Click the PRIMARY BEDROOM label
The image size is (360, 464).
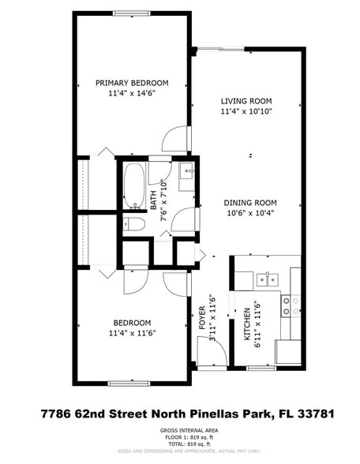click(x=132, y=83)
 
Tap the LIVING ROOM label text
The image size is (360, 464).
click(x=246, y=101)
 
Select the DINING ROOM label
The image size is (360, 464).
click(x=247, y=201)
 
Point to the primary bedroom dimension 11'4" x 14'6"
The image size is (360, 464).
click(x=132, y=94)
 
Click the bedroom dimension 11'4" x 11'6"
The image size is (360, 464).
click(x=132, y=333)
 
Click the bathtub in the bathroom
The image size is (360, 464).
click(x=133, y=185)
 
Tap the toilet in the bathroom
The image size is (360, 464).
click(x=133, y=225)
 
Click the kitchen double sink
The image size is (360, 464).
click(x=266, y=279)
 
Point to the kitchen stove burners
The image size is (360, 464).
click(x=291, y=305)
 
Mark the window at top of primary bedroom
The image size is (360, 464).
click(x=132, y=13)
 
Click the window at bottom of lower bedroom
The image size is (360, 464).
click(x=129, y=384)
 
